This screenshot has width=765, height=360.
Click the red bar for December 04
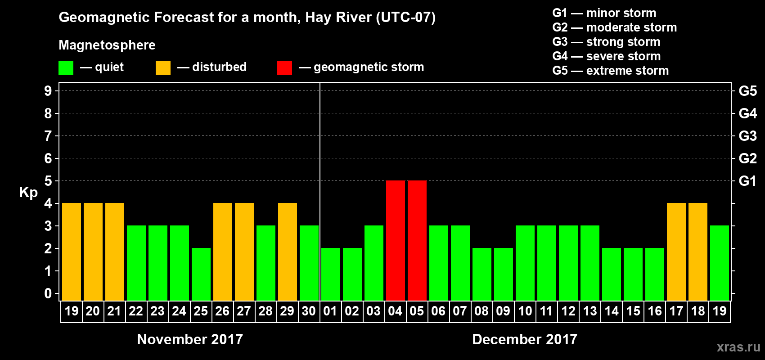[396, 240]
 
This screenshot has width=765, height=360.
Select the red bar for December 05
[417, 240]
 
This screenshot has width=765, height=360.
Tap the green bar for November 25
[201, 274]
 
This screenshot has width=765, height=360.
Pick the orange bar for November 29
[288, 252]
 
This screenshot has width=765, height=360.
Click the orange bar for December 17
[676, 252]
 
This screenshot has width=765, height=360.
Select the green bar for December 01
[331, 274]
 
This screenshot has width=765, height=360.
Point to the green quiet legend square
[66, 68]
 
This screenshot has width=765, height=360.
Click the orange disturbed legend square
[163, 68]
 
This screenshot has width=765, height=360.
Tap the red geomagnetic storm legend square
[284, 68]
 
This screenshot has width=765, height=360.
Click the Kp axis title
[28, 192]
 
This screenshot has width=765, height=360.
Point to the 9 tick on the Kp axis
[48, 91]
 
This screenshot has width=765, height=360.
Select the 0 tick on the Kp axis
[48, 293]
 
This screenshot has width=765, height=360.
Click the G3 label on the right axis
[747, 136]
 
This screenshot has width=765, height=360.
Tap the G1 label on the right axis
[747, 181]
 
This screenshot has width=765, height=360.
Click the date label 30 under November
[309, 311]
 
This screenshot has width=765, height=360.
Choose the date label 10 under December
[525, 311]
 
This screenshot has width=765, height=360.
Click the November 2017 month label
[190, 339]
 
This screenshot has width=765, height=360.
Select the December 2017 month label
[525, 339]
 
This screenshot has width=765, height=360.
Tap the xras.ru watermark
[738, 347]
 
